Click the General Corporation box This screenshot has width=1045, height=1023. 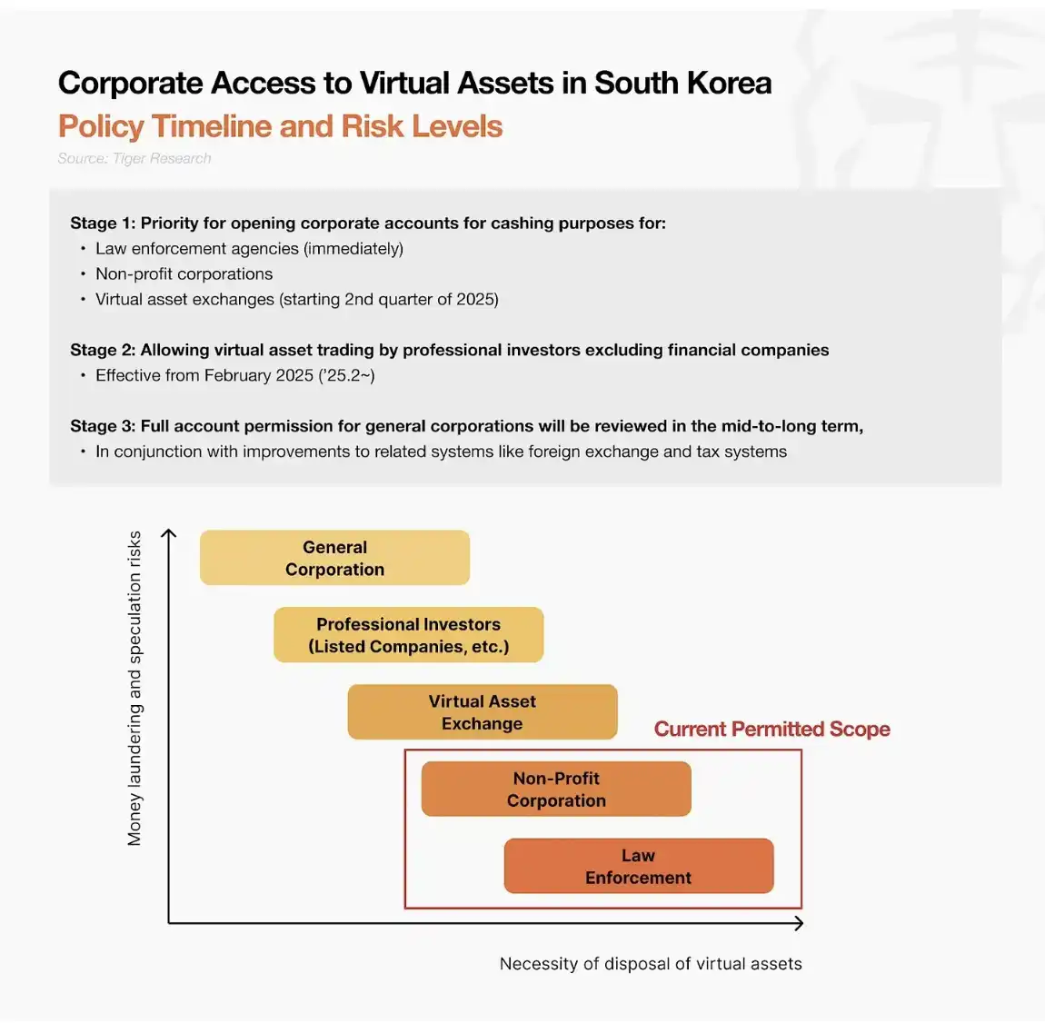[x=334, y=558]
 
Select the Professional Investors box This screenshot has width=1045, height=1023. [x=408, y=635]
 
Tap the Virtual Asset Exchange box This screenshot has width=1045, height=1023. [x=482, y=712]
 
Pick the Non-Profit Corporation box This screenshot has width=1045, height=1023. [x=556, y=790]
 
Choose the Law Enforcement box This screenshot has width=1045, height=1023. [x=638, y=867]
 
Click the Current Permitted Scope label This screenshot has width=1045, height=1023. [x=771, y=730]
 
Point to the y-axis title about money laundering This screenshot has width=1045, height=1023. [x=134, y=689]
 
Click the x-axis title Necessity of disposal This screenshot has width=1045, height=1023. [x=651, y=964]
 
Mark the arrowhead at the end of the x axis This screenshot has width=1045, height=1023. [x=799, y=923]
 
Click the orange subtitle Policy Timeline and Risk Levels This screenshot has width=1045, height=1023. [x=280, y=126]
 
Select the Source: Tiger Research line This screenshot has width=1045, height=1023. [x=134, y=158]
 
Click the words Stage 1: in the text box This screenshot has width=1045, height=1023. [x=102, y=223]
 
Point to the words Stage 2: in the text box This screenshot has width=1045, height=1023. [x=102, y=351]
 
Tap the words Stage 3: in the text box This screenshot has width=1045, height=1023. [x=102, y=427]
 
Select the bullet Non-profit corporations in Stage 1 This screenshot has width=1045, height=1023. [x=184, y=274]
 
